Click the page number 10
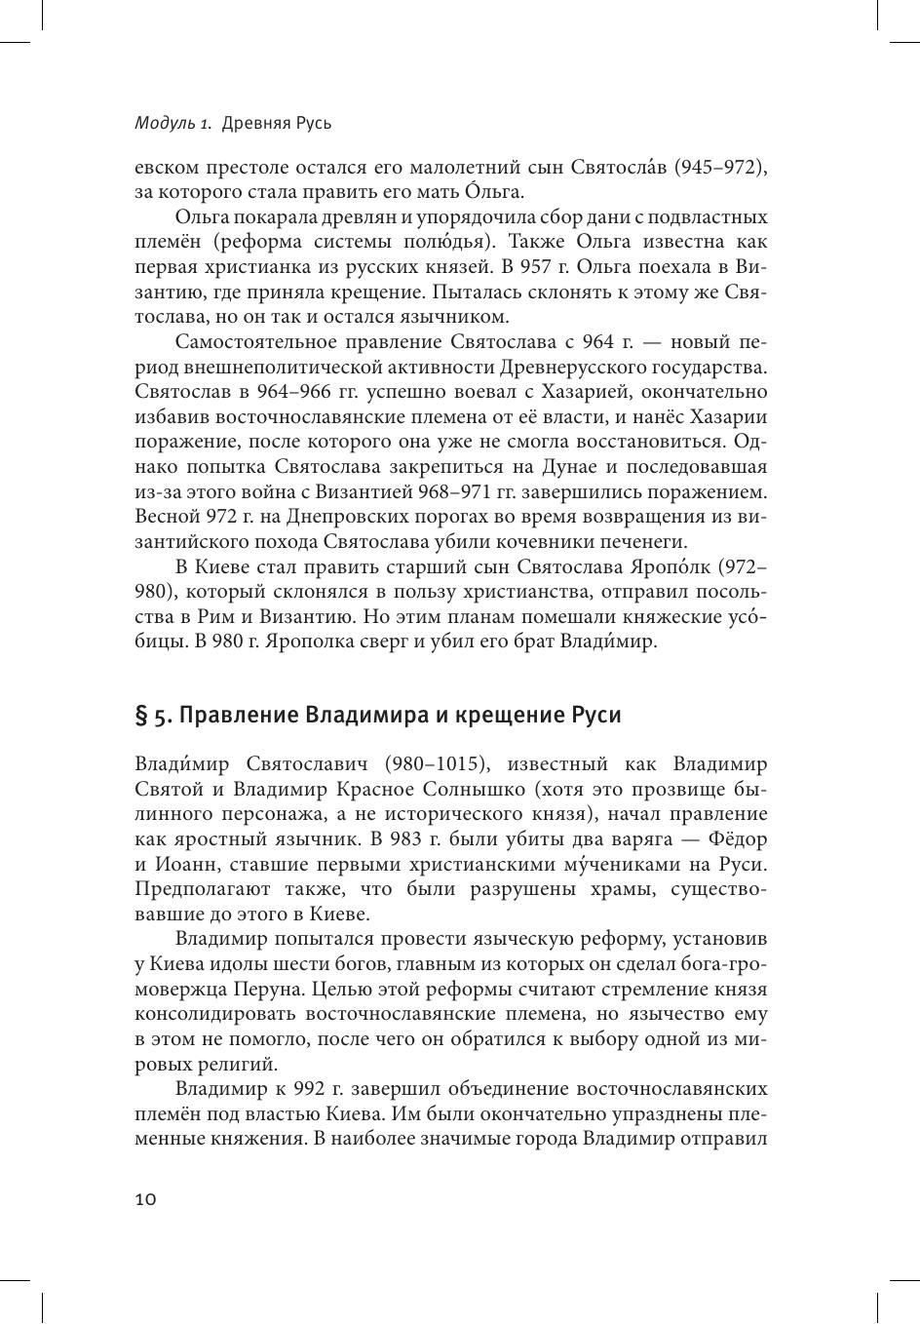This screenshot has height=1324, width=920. [x=146, y=1199]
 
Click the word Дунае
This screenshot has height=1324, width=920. [x=553, y=466]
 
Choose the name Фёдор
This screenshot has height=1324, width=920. [x=739, y=838]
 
